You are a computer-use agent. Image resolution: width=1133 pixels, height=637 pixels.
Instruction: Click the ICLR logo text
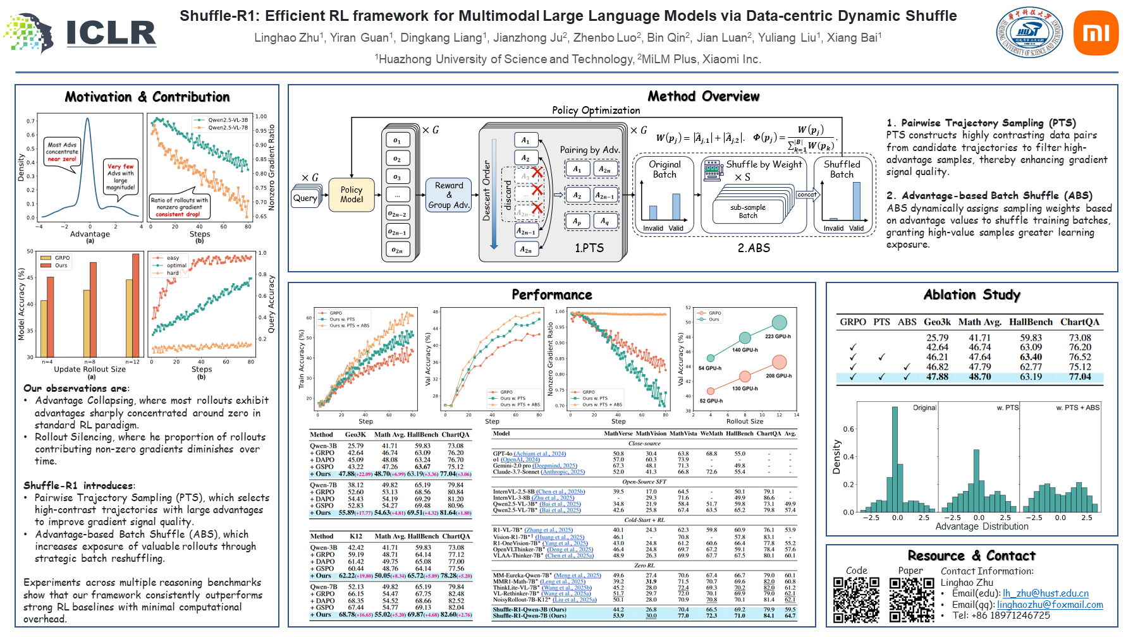coord(111,33)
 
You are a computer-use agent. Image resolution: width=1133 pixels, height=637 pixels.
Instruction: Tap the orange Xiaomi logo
coord(1096,32)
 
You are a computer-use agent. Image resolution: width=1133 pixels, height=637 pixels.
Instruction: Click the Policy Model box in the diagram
coord(352,195)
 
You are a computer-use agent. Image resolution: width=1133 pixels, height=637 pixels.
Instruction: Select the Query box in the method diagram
coord(305,198)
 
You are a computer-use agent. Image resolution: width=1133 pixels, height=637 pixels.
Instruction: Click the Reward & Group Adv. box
coord(449,195)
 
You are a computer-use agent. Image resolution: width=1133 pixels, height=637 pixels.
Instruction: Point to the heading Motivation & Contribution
coord(147,97)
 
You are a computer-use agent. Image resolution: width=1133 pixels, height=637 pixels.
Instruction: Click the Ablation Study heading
coord(972,294)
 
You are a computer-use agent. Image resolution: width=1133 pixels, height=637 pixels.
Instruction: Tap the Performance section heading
coord(551,294)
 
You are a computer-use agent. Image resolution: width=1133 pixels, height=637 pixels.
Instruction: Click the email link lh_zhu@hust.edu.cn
coord(1045,593)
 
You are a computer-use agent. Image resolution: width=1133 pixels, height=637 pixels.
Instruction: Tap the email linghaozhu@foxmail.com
coord(1050,605)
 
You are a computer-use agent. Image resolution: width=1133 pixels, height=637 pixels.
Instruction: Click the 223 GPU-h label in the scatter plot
coord(778,337)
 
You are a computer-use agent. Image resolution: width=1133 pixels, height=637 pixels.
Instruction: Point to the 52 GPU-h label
coord(711,401)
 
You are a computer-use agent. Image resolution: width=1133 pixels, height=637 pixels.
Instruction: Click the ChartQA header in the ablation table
coord(1079,322)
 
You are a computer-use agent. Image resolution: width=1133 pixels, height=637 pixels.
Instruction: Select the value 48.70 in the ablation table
coord(979,377)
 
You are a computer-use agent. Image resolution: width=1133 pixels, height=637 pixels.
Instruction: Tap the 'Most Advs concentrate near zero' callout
coord(62,152)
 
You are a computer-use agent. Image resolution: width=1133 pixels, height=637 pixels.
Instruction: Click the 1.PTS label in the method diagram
coord(589,248)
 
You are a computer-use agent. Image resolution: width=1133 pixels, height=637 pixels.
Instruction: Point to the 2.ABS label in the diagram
coord(754,248)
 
